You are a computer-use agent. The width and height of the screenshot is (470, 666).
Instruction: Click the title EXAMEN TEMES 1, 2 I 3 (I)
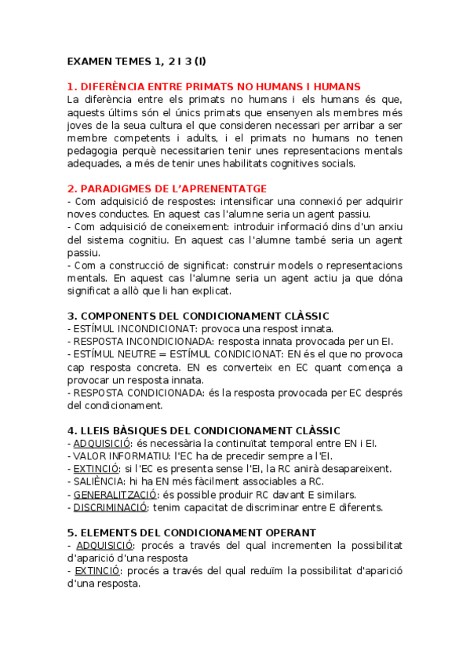[x=137, y=61]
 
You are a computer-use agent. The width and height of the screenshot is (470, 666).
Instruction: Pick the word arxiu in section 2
[x=388, y=227]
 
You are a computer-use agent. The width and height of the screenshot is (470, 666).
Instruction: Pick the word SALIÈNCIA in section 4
[x=98, y=481]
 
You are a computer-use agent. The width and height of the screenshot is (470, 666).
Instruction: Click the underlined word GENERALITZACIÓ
[x=115, y=494]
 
